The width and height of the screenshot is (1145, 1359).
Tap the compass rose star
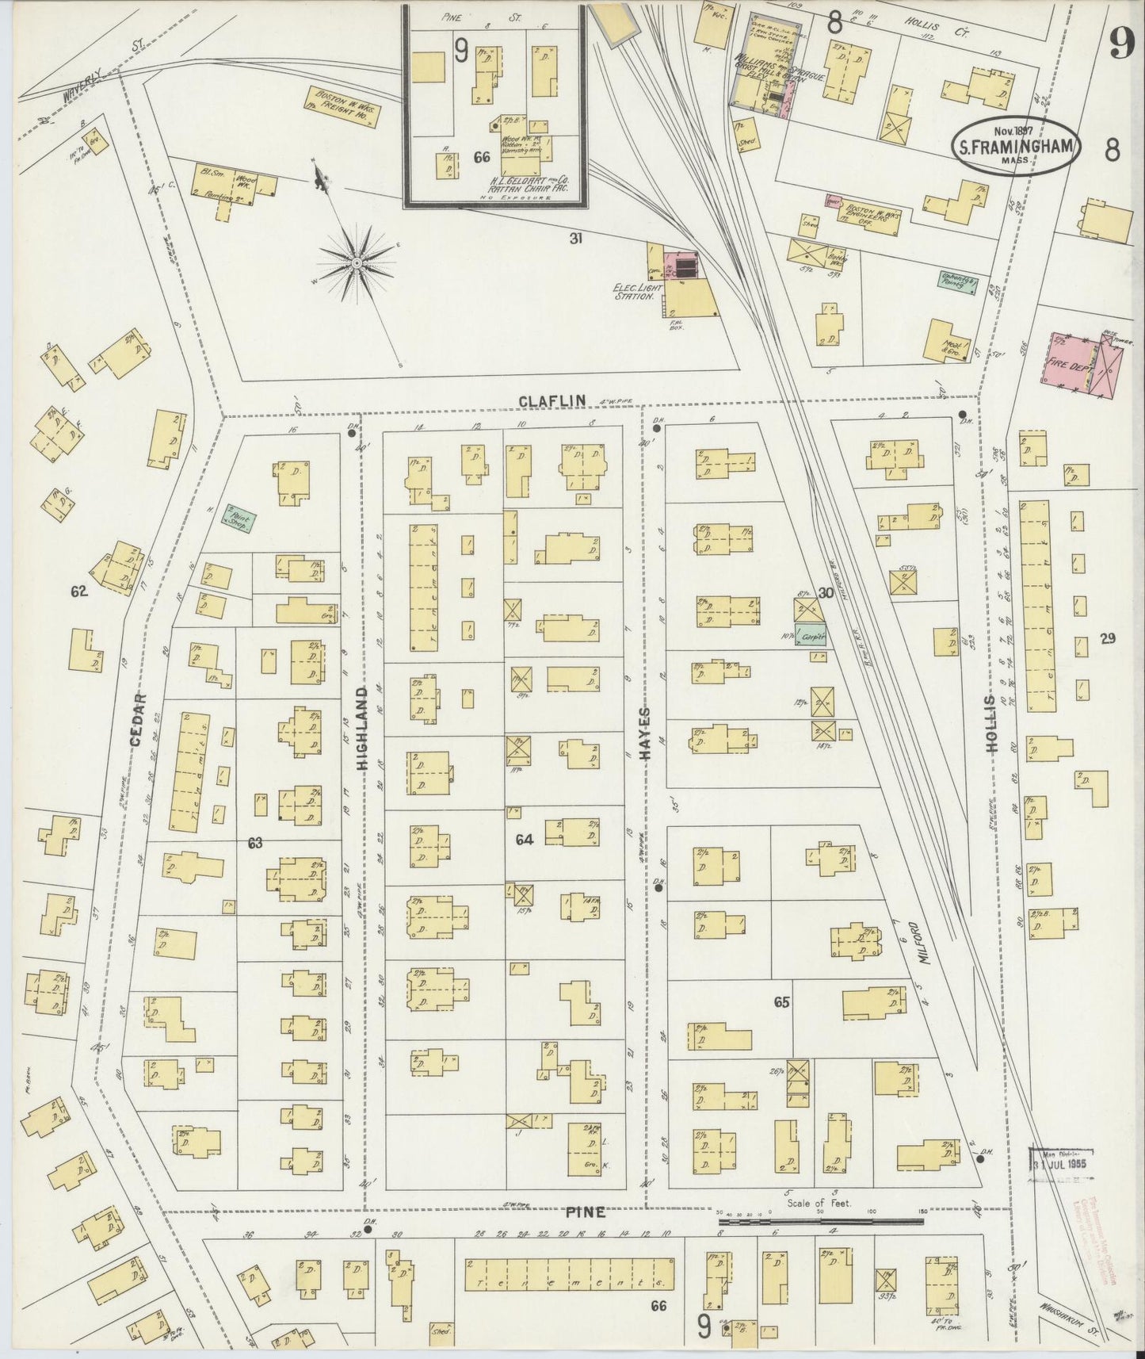click(357, 261)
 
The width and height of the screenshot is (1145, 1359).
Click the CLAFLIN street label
click(552, 401)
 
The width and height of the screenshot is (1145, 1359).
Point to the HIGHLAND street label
click(363, 729)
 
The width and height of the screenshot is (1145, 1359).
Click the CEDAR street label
click(138, 719)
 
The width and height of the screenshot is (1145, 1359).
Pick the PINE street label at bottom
click(586, 1212)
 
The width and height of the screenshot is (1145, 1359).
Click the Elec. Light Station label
click(636, 292)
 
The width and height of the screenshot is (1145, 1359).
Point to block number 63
click(254, 843)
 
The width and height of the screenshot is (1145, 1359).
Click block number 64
click(523, 839)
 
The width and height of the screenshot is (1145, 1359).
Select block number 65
click(781, 1002)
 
